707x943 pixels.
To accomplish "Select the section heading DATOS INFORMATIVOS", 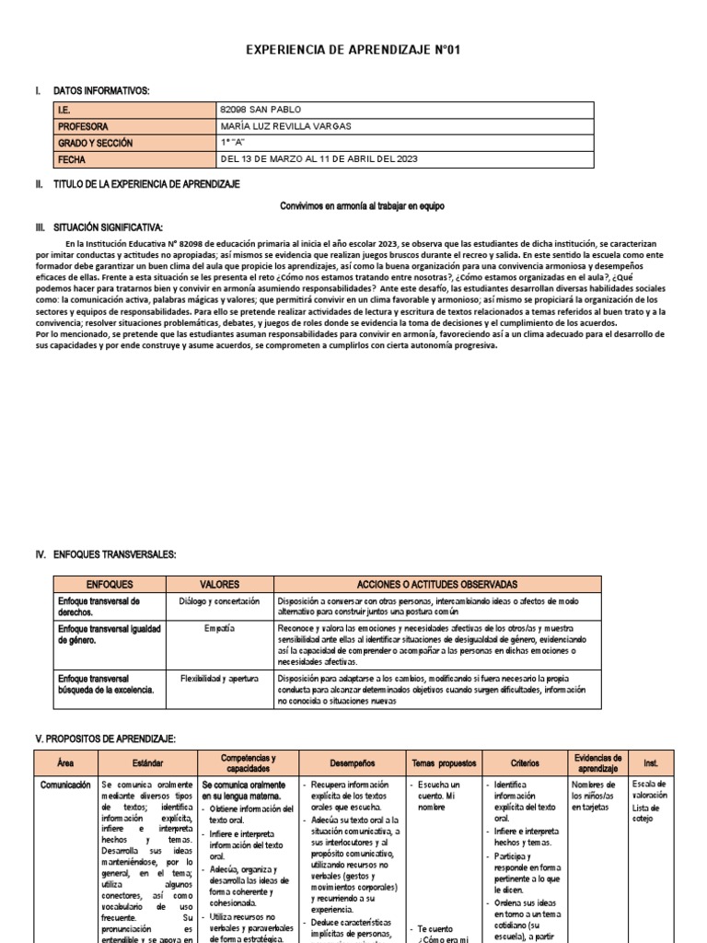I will tap(101, 90).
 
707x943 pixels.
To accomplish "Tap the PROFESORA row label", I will tap(83, 126).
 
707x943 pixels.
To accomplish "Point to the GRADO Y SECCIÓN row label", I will tap(95, 143).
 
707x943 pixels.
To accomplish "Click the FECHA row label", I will tap(71, 159).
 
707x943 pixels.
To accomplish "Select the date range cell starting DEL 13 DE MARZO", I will tap(320, 159).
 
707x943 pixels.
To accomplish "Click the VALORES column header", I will tap(219, 584).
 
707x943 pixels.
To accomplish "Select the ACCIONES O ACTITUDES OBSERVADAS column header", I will tap(437, 584).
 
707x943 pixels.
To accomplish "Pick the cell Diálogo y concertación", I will tap(219, 601).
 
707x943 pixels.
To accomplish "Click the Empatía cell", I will tap(219, 628).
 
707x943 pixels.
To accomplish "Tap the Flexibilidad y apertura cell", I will tap(219, 677).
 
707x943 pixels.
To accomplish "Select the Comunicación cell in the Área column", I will tap(64, 785).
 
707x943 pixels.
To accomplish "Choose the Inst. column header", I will tap(651, 763).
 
